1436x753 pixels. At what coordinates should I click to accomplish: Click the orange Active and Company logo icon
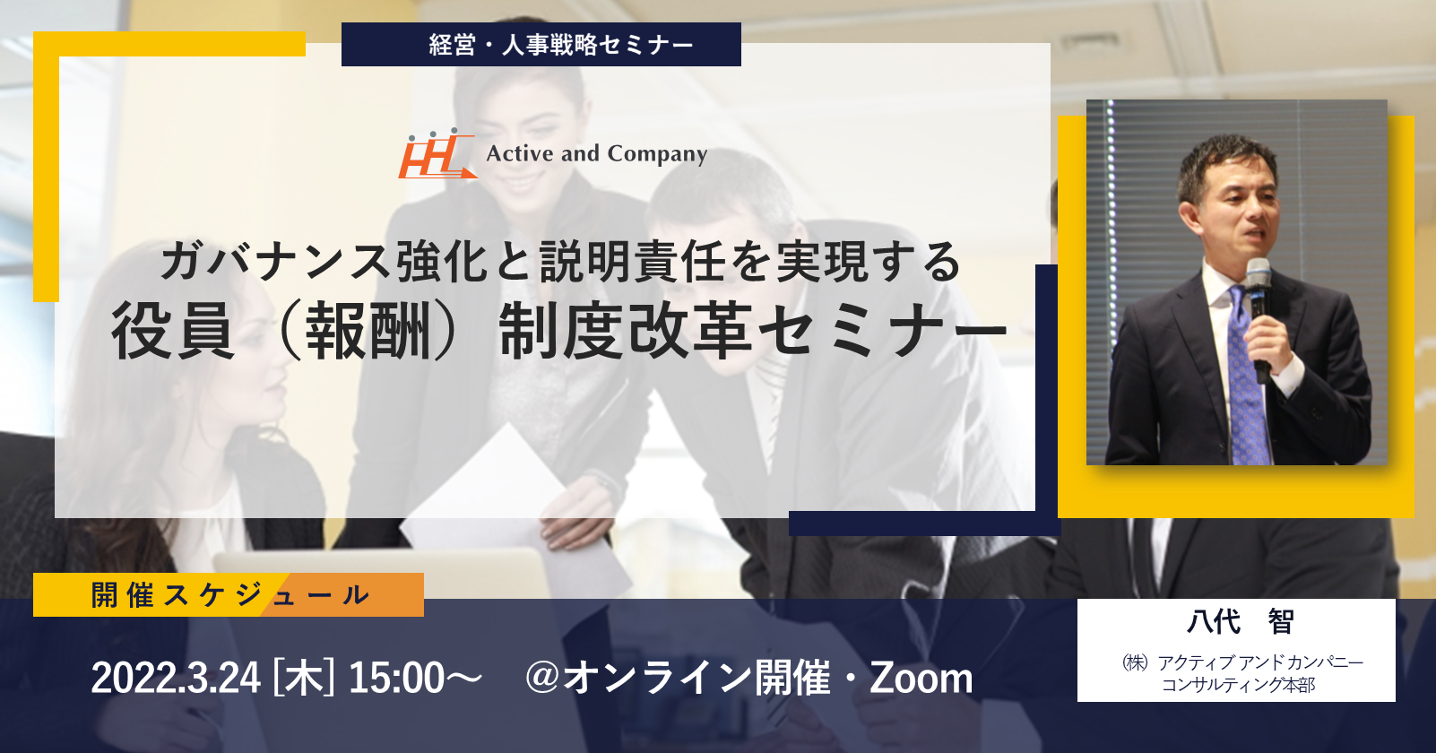(x=437, y=154)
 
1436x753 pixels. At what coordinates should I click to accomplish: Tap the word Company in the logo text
(x=657, y=154)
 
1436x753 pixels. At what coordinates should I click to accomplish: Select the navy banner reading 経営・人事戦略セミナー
(x=541, y=44)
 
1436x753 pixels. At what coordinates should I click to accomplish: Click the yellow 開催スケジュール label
(x=229, y=594)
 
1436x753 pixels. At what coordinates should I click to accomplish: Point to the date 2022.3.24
(x=176, y=678)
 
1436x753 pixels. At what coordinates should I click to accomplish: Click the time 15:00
(x=397, y=678)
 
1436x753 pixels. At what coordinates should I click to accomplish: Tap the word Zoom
(x=921, y=678)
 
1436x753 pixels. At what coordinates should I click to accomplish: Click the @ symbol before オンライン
(x=542, y=677)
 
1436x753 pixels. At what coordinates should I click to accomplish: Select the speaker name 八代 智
(x=1239, y=621)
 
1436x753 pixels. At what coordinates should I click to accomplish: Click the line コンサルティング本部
(x=1238, y=685)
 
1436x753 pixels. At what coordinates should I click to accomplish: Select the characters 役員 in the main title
(x=173, y=332)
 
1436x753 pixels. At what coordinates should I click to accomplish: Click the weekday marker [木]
(x=304, y=678)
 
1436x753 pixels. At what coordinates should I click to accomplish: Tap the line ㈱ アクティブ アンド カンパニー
(x=1242, y=662)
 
